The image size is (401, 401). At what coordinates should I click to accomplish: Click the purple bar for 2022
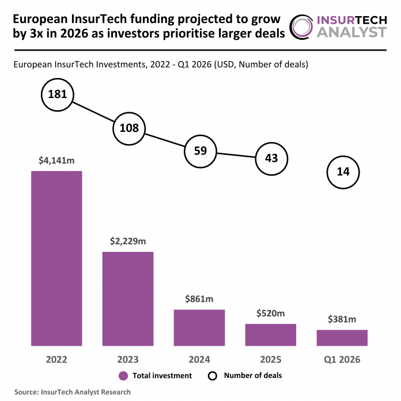pos(56,258)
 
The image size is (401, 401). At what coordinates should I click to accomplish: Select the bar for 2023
pos(128,298)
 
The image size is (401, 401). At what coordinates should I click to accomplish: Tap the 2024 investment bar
pos(199,327)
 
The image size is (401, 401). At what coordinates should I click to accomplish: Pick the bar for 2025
pos(271,334)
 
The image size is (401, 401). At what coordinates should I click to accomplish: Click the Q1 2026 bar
pos(342,338)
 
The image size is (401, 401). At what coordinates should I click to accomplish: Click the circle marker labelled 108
pos(129,128)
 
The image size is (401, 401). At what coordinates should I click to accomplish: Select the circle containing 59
pos(200,152)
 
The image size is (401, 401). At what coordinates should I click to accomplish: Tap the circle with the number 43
pos(271,158)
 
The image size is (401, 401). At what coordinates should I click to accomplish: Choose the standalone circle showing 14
pos(342,172)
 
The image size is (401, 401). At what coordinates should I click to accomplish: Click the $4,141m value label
pos(56,161)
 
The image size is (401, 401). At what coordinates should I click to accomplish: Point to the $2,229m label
pos(128,241)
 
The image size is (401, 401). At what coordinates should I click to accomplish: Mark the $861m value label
pos(199,299)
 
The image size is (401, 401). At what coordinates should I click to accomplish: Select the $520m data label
pos(271,313)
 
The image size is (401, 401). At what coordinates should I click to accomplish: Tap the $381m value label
pos(342,319)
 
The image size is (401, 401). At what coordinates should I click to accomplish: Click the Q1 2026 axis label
pos(342,360)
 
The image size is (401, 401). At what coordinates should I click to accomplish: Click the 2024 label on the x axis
pos(199,360)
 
